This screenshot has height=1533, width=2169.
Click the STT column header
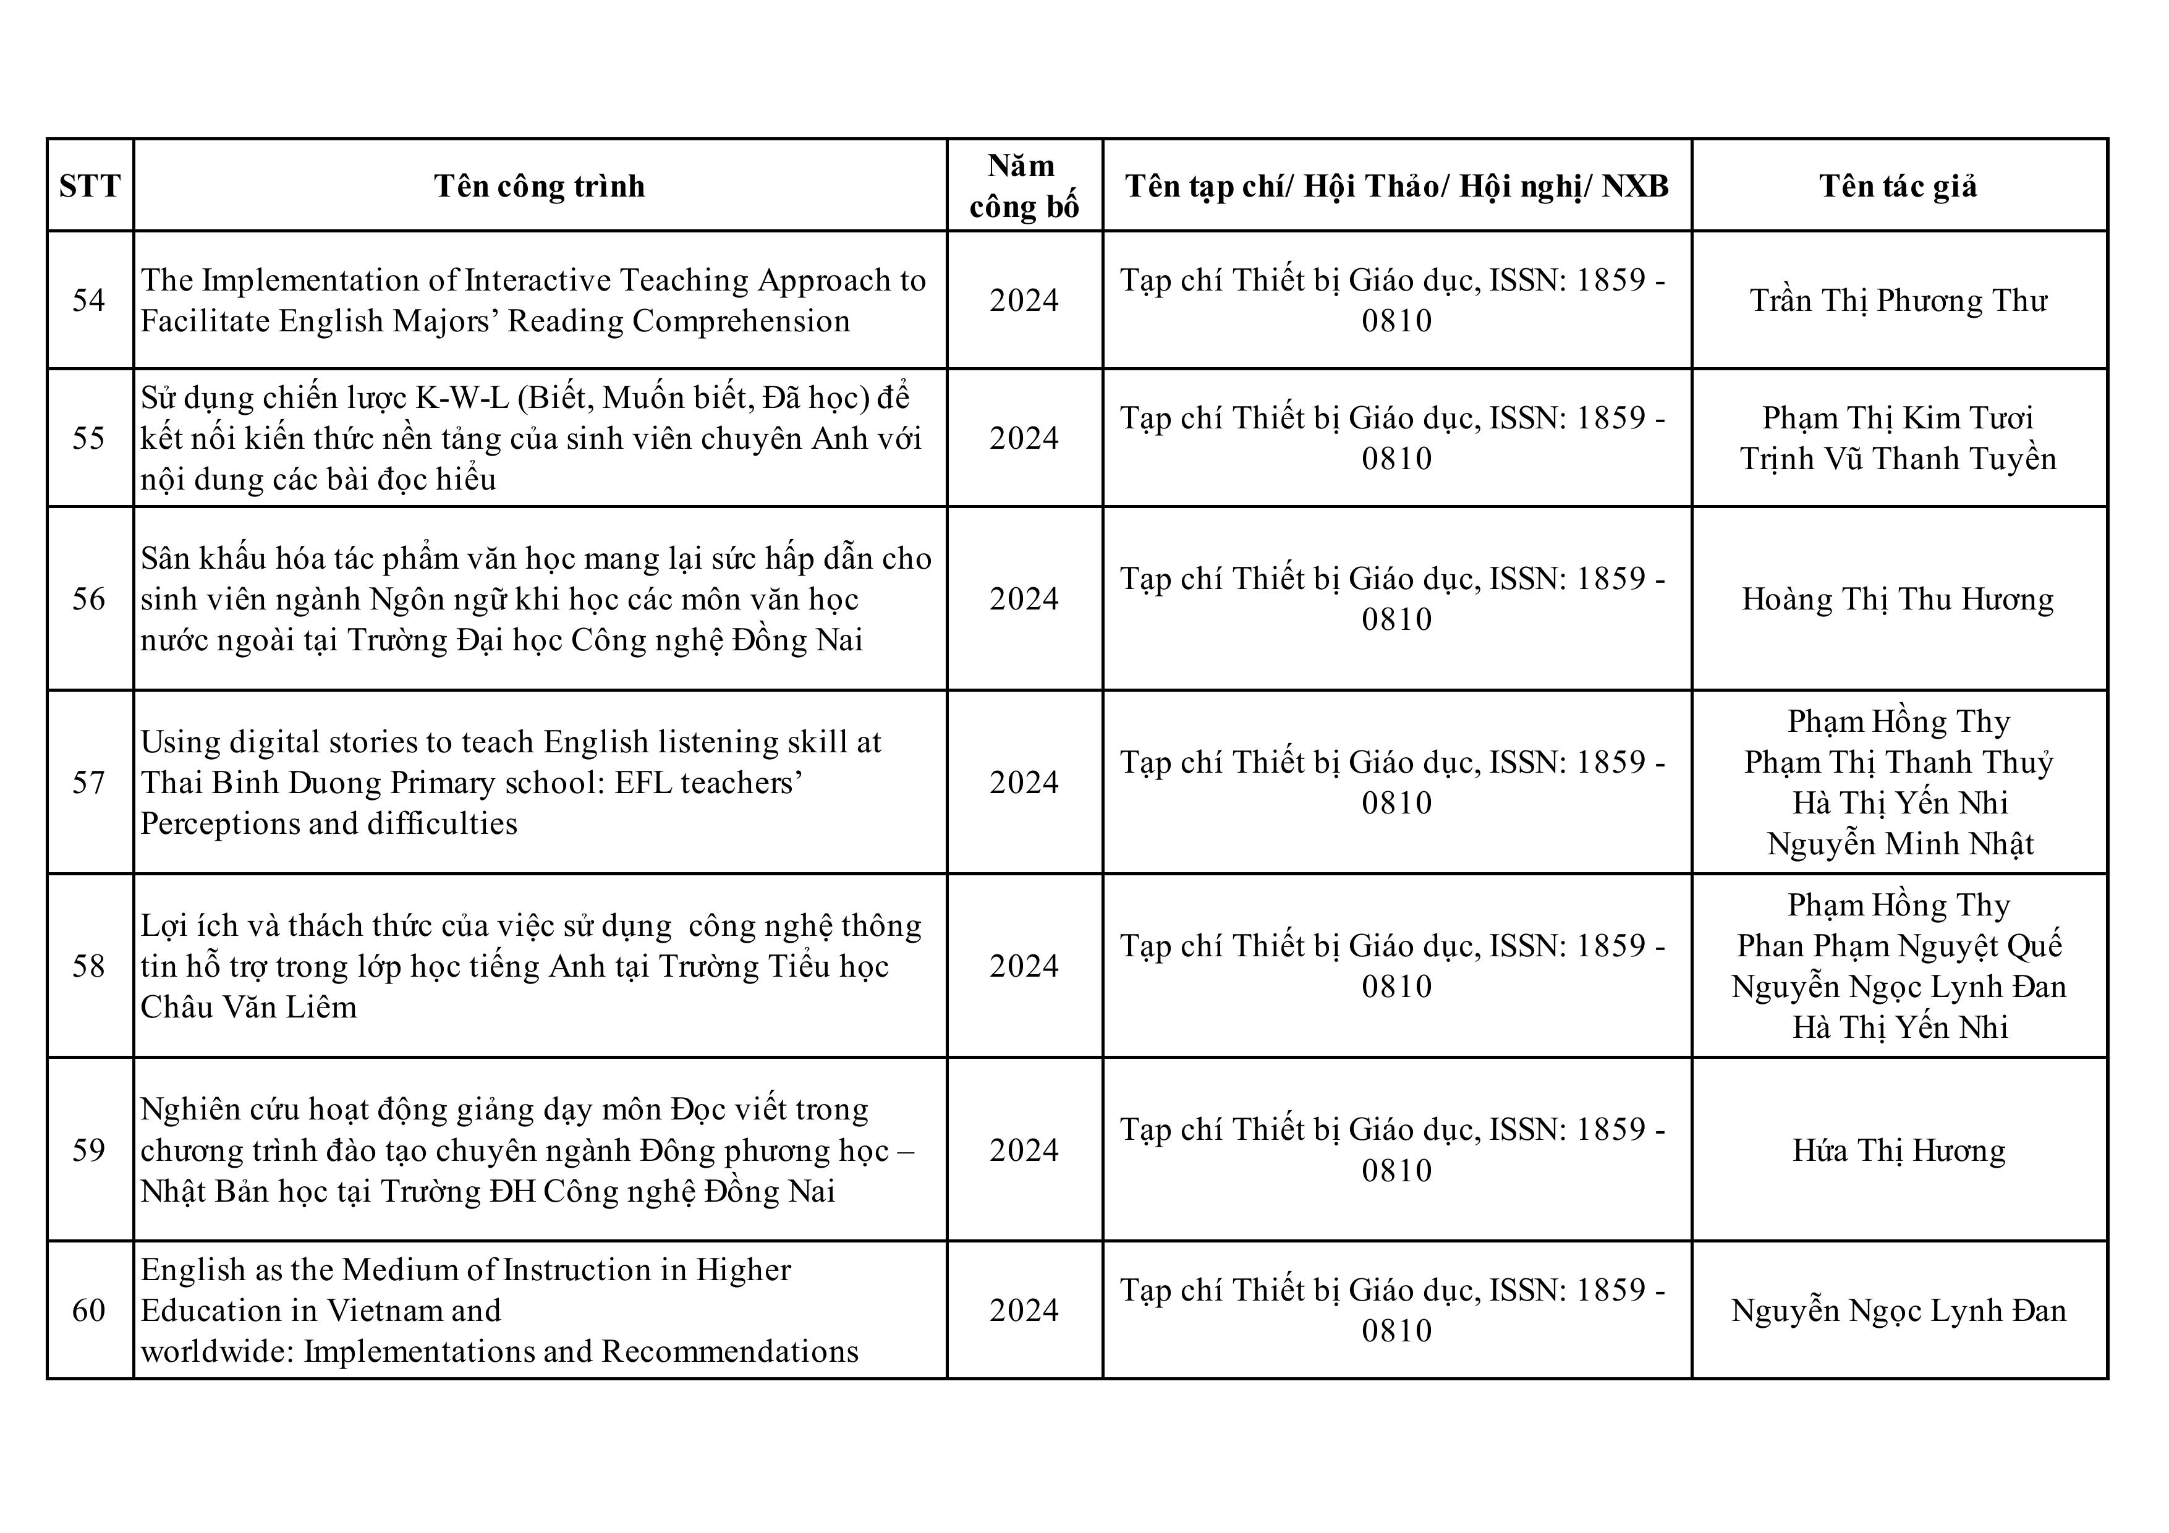coord(90,186)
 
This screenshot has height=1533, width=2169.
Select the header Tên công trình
coord(540,186)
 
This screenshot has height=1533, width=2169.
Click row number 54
coord(89,300)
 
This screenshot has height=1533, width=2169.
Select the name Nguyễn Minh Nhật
coord(1899,844)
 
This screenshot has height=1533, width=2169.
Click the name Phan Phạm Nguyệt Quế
coord(1899,946)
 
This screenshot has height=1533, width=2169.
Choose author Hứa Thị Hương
coord(1899,1150)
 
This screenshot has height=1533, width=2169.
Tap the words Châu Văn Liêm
coord(248,1007)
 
